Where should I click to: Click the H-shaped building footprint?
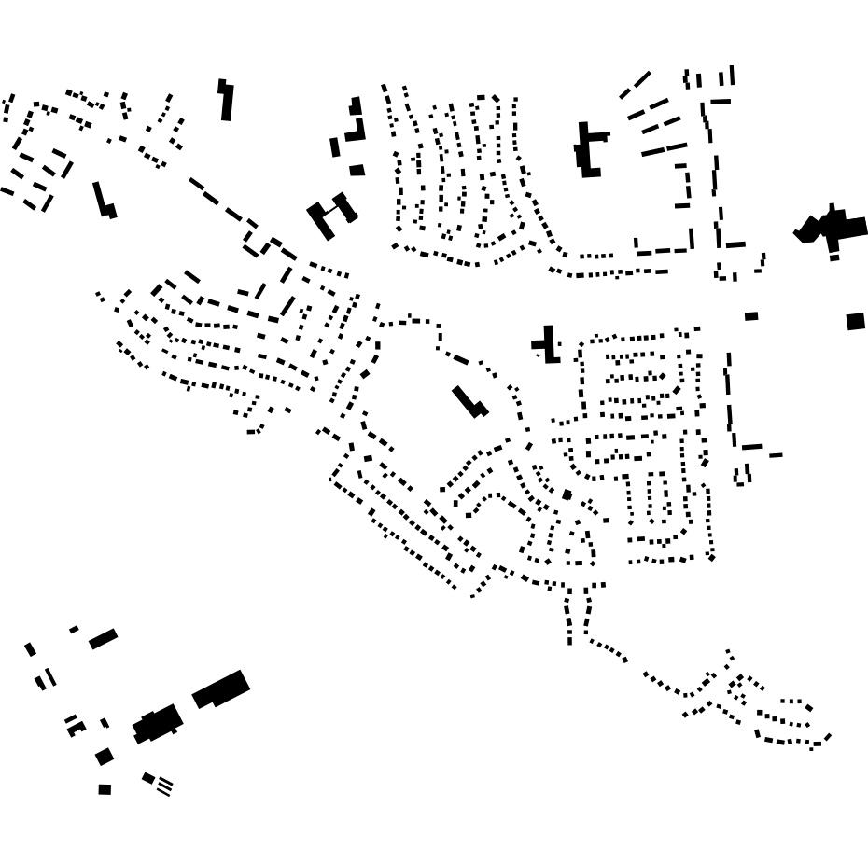(x=330, y=215)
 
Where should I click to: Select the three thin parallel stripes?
(x=164, y=786)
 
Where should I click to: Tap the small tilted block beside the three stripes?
(x=148, y=777)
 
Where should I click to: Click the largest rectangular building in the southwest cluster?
(x=221, y=689)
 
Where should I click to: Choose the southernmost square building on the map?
(x=105, y=789)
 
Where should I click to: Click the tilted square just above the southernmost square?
(x=105, y=757)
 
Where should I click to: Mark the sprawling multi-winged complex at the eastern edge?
(x=832, y=228)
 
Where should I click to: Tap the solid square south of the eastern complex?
(x=856, y=322)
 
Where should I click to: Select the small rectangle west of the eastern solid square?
(x=751, y=316)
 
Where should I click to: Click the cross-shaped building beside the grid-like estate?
(x=547, y=344)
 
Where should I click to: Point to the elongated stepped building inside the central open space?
(x=469, y=402)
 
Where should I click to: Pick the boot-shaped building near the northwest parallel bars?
(x=104, y=201)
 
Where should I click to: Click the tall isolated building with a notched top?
(x=226, y=101)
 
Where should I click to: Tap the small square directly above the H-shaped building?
(x=357, y=171)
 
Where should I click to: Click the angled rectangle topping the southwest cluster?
(x=103, y=639)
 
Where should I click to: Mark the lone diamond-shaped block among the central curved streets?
(x=567, y=494)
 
